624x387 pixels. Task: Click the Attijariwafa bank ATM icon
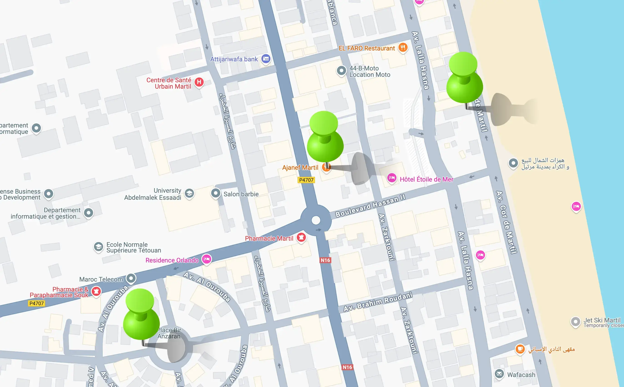click(266, 59)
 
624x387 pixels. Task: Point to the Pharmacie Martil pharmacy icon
click(301, 237)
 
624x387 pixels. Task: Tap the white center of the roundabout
click(316, 220)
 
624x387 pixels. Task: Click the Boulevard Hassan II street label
click(370, 205)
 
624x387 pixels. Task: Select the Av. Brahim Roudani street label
click(378, 302)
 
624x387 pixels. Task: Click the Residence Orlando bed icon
click(206, 259)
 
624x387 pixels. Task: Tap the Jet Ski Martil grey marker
click(575, 321)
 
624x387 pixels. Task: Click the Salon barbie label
click(241, 194)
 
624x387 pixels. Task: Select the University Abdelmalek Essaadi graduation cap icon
click(189, 193)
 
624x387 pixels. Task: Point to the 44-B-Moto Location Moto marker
click(341, 70)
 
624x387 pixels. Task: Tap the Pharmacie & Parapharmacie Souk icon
click(96, 291)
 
